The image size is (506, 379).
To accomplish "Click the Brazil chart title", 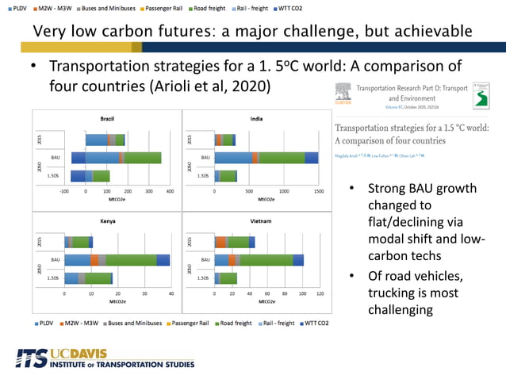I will pos(106,117).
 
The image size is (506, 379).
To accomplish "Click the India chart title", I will pos(256,117).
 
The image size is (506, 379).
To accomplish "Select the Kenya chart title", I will pos(106,220).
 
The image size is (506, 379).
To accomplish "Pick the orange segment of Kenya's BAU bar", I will pos(94,259).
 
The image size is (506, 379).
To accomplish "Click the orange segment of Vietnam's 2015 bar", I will pos(221,242).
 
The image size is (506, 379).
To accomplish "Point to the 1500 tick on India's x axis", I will pos(319,192).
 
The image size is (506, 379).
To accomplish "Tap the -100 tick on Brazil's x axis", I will pos(65,192).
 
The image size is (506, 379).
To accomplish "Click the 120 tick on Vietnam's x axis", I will pos(320,293).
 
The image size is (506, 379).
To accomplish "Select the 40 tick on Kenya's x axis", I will pos(171,293).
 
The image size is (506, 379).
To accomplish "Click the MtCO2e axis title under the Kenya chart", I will pos(117,301).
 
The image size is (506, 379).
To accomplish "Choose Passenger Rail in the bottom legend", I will pos(190,323).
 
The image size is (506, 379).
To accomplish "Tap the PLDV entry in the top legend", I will pos(17,8).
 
